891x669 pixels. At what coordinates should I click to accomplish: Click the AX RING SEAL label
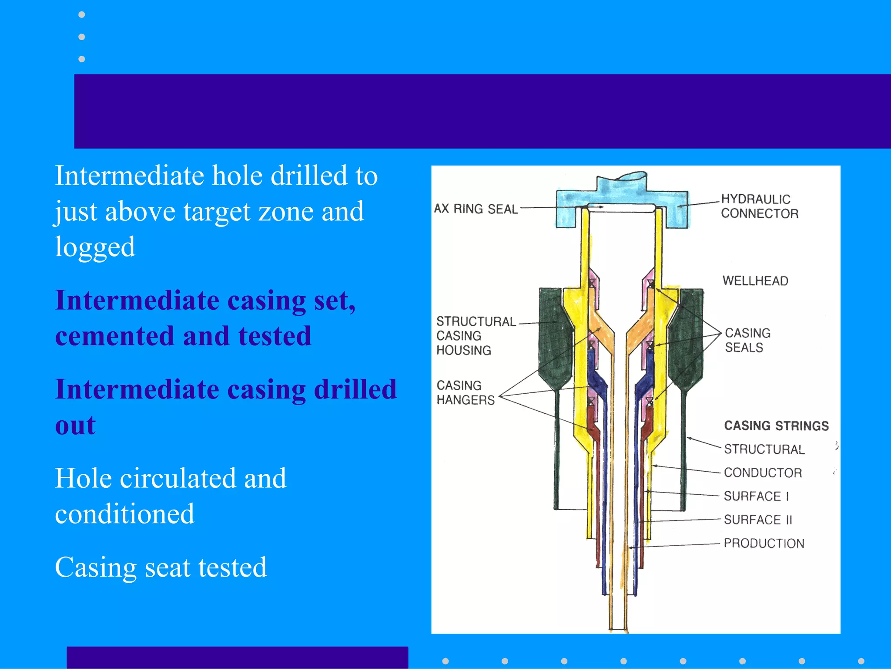coord(476,209)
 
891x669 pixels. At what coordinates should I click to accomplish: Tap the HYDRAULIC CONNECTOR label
coord(759,206)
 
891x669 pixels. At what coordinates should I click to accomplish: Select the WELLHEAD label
coord(755,281)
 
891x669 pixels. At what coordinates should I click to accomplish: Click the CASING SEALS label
coord(747,340)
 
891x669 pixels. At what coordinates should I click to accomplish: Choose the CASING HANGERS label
coord(466,392)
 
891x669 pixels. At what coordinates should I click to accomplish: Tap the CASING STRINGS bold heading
coord(776,426)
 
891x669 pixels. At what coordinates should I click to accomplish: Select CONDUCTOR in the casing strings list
coord(763,473)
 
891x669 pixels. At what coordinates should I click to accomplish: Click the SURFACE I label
coord(756,496)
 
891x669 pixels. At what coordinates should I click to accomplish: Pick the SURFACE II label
coord(758,520)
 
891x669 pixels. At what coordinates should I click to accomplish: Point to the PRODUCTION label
coord(764,543)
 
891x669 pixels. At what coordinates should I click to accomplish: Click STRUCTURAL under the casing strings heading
coord(764,449)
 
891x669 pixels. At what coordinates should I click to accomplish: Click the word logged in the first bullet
coord(95,247)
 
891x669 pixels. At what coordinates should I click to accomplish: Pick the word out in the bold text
coord(75,425)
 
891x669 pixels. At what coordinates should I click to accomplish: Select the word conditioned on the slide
coord(124,514)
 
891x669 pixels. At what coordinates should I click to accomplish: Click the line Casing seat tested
coord(161,567)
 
